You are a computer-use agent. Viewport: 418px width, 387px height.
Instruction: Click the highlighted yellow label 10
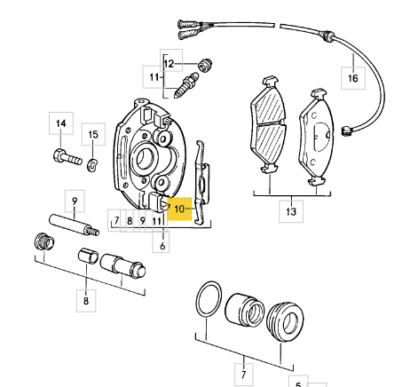click(x=179, y=209)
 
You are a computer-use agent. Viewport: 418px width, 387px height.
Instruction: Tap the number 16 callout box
click(x=353, y=78)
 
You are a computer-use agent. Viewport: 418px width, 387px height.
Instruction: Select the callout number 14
click(x=61, y=123)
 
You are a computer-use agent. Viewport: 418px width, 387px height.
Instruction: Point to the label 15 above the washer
click(x=93, y=134)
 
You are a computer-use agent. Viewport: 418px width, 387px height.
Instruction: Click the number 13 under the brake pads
click(x=291, y=211)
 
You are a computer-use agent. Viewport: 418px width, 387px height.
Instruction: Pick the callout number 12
click(x=170, y=63)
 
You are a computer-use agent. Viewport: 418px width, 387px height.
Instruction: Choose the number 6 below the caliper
click(x=162, y=245)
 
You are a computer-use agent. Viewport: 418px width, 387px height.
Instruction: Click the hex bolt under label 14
click(x=67, y=157)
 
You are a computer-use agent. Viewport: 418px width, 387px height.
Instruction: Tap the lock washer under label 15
click(x=92, y=164)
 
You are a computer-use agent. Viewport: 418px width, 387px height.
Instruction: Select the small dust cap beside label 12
click(x=205, y=65)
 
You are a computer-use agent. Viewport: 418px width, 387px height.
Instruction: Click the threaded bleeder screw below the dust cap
click(x=185, y=85)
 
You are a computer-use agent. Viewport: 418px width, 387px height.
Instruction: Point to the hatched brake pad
click(x=269, y=124)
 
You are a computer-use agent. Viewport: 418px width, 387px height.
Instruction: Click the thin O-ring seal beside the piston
click(x=209, y=300)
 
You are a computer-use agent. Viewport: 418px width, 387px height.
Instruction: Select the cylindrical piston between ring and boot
click(x=244, y=310)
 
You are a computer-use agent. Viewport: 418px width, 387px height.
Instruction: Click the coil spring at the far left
click(x=44, y=241)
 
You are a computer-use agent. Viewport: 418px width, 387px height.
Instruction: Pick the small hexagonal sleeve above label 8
click(x=88, y=256)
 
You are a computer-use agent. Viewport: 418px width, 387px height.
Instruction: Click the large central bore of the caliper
click(x=145, y=158)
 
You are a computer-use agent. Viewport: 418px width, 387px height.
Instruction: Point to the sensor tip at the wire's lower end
click(x=346, y=130)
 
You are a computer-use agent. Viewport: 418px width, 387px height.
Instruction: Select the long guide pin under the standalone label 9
click(x=74, y=225)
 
